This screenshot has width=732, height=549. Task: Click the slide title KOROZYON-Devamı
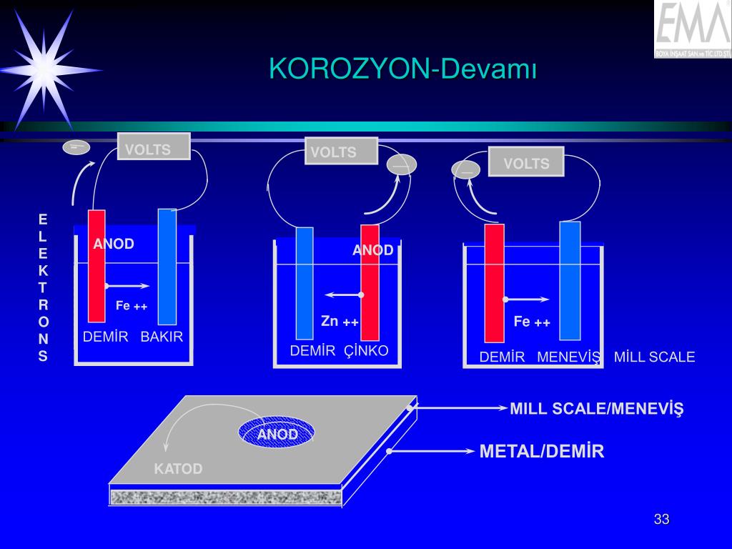[402, 69]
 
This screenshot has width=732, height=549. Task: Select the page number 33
[661, 520]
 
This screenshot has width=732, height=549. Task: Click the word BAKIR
[162, 337]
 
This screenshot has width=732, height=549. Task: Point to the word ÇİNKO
[366, 351]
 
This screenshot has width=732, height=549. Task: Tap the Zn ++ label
[340, 322]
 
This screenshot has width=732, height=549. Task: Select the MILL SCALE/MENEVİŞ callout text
[597, 409]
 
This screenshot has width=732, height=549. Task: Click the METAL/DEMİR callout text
[542, 452]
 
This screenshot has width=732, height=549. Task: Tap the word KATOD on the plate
[179, 469]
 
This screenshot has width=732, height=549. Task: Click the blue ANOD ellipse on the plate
[277, 433]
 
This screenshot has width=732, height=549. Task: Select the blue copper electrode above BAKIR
[167, 267]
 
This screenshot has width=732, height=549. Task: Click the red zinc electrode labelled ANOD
[370, 282]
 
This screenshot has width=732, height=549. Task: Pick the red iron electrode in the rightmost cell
[494, 283]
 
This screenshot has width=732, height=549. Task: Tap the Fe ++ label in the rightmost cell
[532, 322]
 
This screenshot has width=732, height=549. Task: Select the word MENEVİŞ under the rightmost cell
[569, 357]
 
